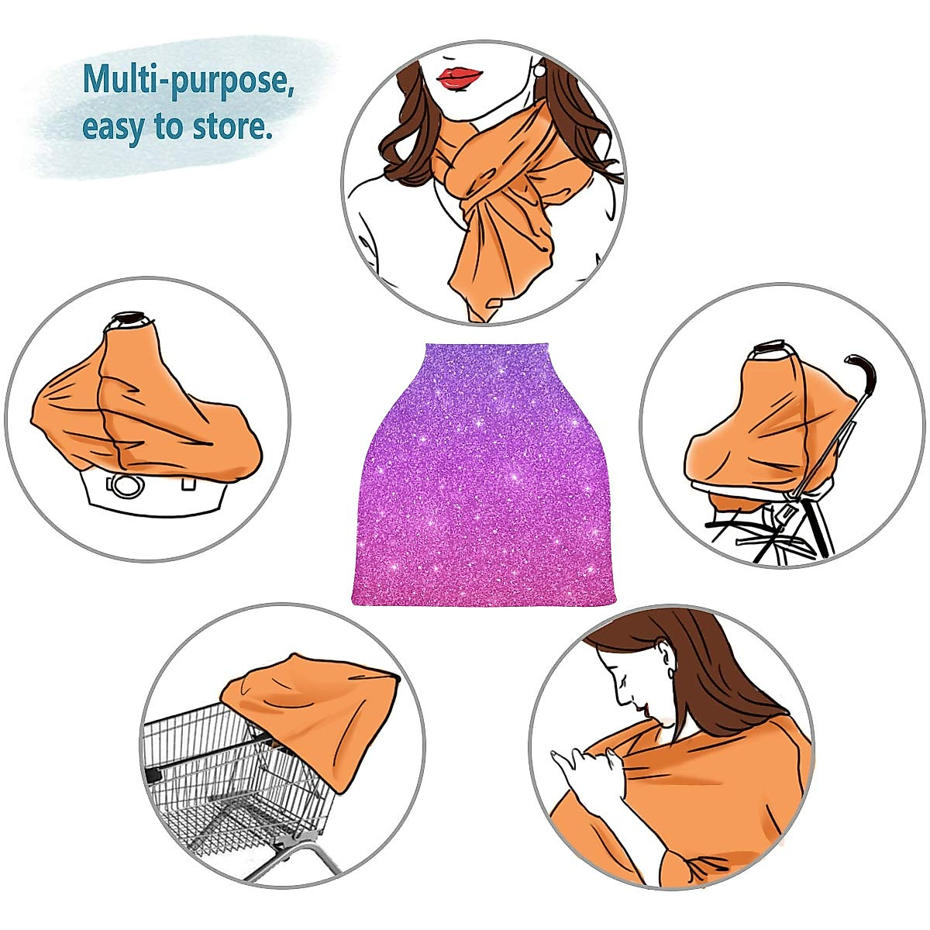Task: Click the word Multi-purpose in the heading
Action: [x=188, y=80]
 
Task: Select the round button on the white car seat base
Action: [x=126, y=487]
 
